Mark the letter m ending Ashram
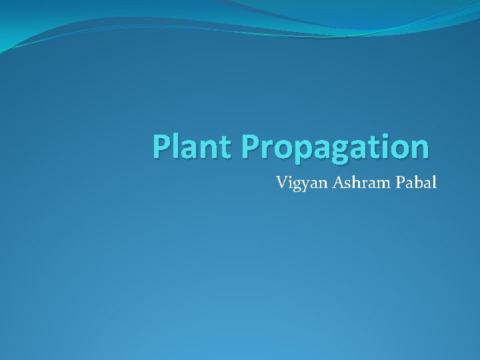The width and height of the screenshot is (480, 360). tap(381, 182)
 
